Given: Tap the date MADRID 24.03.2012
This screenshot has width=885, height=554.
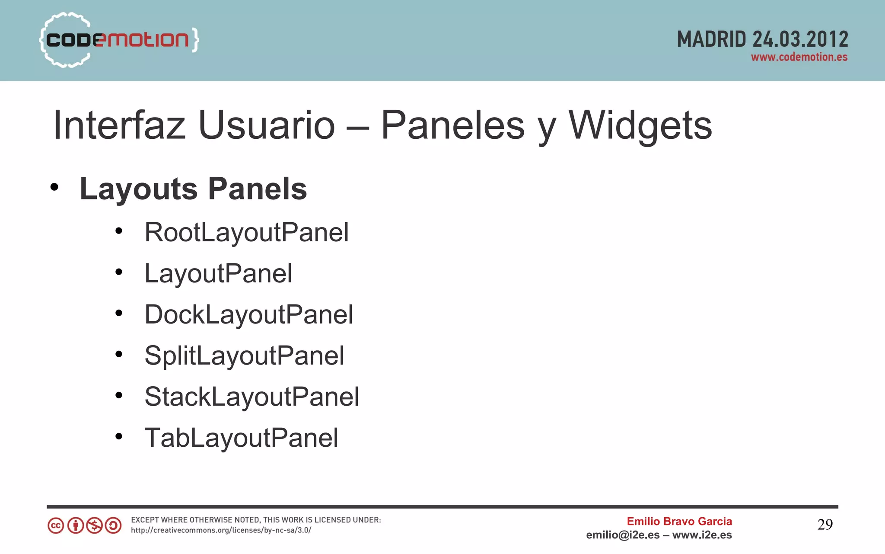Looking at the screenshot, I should pos(762,39).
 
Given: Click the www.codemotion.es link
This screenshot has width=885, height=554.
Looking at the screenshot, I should pos(799,57).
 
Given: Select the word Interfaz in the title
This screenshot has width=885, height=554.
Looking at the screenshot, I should pos(119,125).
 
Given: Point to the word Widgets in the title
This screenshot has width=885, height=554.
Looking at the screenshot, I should pos(640,125).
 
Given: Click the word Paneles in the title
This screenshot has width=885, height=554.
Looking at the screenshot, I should pos(452,125).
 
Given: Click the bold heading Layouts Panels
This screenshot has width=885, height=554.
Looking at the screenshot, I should pos(193,189).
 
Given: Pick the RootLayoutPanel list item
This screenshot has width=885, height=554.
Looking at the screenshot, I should pos(246,232).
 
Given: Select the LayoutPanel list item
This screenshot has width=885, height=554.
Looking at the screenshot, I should pos(218,273).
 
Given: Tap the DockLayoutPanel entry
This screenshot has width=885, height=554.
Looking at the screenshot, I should pos(248,314).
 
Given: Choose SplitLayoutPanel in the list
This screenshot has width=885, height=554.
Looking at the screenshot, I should pos(244,355).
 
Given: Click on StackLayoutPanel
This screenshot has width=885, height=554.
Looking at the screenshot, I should pos(251,397).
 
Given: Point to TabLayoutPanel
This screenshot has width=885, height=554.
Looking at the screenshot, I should pos(241,438).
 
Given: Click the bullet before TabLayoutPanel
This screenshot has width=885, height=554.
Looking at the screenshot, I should pos(119,436).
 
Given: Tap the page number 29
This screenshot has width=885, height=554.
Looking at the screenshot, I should pos(825,525).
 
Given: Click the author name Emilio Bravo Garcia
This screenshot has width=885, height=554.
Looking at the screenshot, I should pos(679,521).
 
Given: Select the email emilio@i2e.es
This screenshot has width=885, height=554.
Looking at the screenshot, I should pos(623,535).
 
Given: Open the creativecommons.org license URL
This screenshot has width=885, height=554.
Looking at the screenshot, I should pos(221,530).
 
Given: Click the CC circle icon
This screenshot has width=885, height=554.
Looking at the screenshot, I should pos(56,525).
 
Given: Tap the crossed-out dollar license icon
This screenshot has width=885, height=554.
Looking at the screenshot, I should pos(94,525).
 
